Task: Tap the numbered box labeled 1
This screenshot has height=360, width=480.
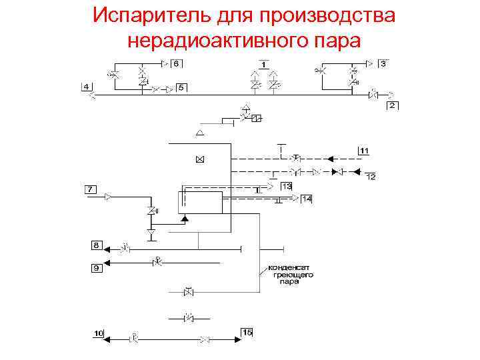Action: (264, 64)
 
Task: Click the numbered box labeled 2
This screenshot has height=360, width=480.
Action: (393, 106)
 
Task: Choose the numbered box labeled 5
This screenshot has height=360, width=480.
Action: (181, 87)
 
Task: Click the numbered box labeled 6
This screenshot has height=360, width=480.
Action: (176, 64)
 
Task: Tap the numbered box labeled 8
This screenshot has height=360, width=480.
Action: (97, 246)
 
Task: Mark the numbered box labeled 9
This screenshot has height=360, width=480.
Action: (97, 268)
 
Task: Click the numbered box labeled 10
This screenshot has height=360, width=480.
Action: (98, 332)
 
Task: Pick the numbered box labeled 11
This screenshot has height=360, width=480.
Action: (364, 151)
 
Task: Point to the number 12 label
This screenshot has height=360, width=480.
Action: (371, 177)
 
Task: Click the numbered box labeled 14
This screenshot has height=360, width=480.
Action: (306, 199)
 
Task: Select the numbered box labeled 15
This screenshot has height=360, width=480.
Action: (247, 332)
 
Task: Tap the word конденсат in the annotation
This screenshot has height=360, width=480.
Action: (287, 267)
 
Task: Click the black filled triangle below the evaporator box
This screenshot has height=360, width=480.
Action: (185, 219)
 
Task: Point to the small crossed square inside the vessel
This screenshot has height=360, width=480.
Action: (199, 159)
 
